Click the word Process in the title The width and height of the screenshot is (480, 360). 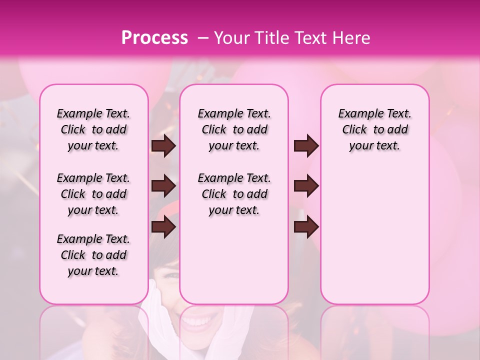154,38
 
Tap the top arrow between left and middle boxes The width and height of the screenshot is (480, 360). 163,146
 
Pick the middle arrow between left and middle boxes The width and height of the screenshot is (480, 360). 163,186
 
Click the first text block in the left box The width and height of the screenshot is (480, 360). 93,129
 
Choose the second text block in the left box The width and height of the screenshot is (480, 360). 93,194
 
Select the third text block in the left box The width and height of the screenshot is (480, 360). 93,255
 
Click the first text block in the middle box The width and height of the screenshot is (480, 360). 234,129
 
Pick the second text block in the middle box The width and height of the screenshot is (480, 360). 234,194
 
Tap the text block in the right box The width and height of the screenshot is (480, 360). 374,129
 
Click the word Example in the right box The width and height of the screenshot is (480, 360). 357,114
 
